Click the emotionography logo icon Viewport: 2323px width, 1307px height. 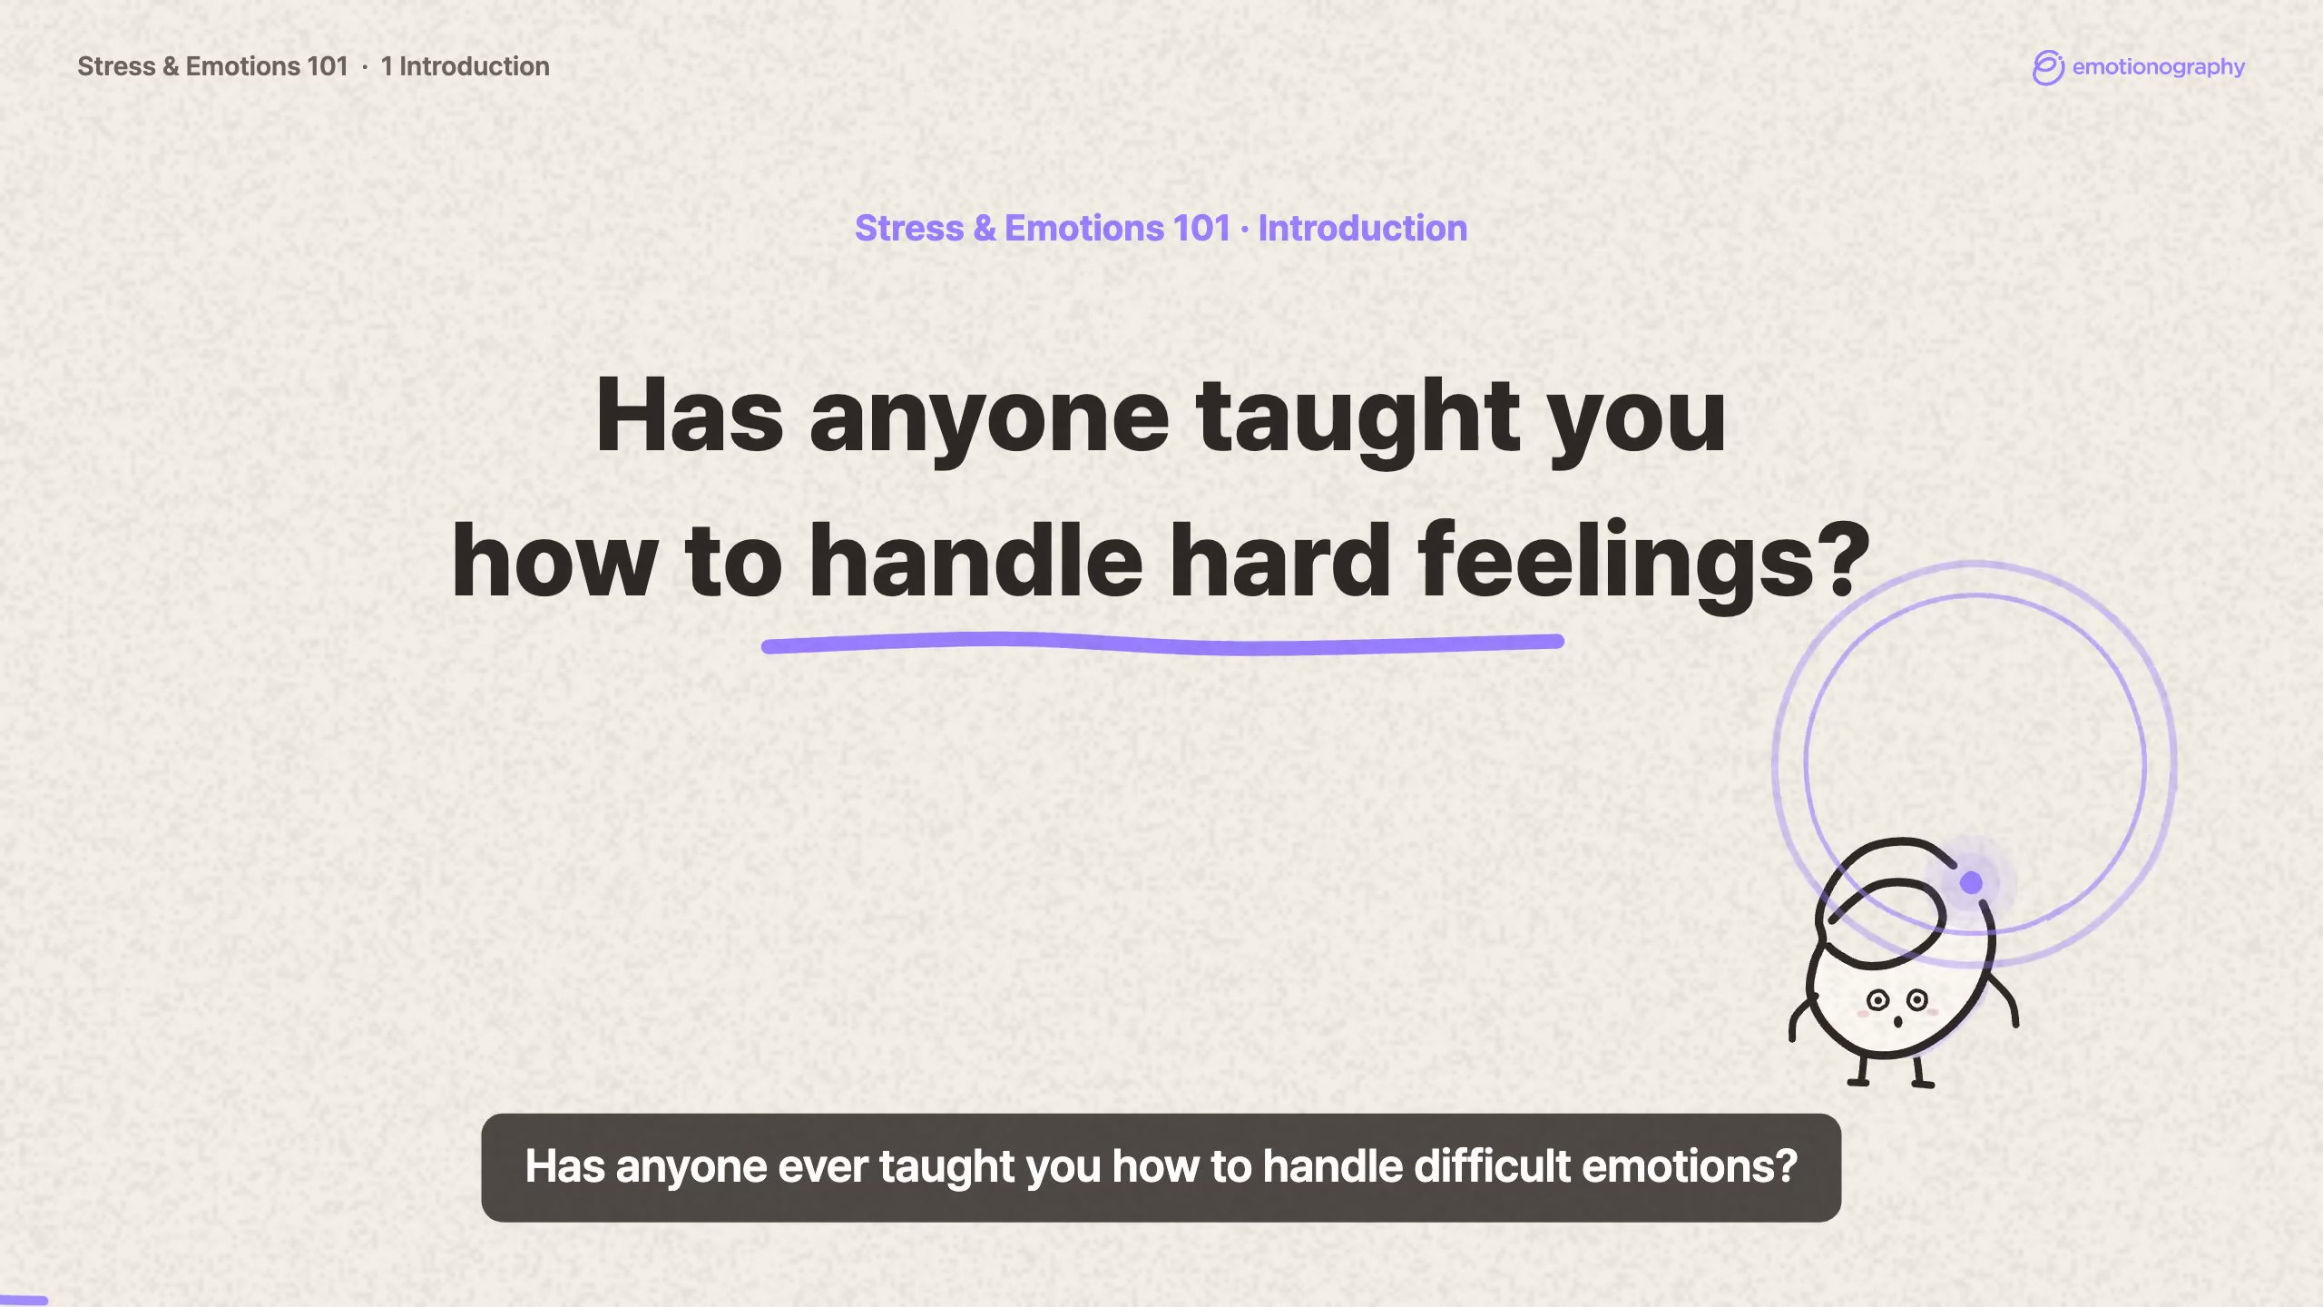(x=2048, y=67)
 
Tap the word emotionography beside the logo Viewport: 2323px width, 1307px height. (x=2159, y=67)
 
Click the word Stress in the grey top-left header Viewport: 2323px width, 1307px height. (x=116, y=66)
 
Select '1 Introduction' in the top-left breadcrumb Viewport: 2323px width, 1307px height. (x=465, y=66)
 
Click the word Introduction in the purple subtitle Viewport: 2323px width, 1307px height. (x=1362, y=228)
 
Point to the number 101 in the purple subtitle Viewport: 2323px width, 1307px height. (x=1201, y=228)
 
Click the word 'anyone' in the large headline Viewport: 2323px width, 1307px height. (x=989, y=418)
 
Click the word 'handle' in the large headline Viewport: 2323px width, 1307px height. (x=975, y=560)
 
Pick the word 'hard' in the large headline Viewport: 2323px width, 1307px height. (x=1279, y=560)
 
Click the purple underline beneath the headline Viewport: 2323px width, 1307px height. (x=1162, y=644)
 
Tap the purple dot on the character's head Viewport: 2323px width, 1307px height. (x=1971, y=881)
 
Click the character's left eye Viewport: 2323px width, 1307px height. (x=1877, y=1001)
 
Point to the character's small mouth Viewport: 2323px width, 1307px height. (x=1897, y=1023)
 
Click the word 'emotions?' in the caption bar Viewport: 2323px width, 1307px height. (x=1690, y=1167)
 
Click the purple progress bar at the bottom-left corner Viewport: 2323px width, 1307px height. (x=24, y=1301)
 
